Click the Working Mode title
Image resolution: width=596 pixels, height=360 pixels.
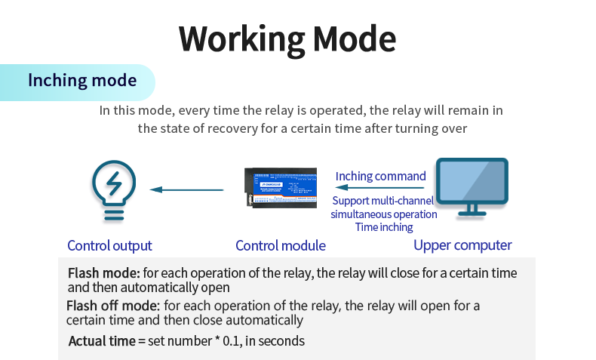[287, 38]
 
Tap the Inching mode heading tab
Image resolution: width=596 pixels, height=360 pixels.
[82, 81]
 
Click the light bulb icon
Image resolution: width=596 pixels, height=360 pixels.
[113, 189]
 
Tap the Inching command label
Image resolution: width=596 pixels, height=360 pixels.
[380, 176]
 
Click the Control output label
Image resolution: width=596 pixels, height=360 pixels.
[109, 245]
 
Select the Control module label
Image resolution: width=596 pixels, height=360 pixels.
[281, 245]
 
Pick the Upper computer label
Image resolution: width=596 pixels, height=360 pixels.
[462, 245]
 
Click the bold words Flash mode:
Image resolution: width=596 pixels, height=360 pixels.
[104, 273]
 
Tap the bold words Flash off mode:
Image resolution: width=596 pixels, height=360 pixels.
[113, 306]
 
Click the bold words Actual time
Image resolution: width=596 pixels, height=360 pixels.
[102, 341]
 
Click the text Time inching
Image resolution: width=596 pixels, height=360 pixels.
[384, 226]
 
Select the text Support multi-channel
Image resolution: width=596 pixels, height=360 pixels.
[383, 201]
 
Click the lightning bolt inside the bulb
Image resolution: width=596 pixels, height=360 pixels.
[113, 182]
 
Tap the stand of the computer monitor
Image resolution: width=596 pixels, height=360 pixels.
[473, 209]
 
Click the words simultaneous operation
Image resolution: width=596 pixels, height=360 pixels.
[383, 214]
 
